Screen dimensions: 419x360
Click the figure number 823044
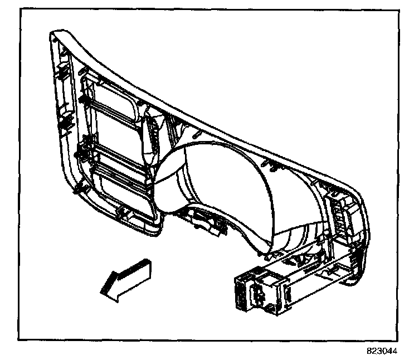point(389,352)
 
